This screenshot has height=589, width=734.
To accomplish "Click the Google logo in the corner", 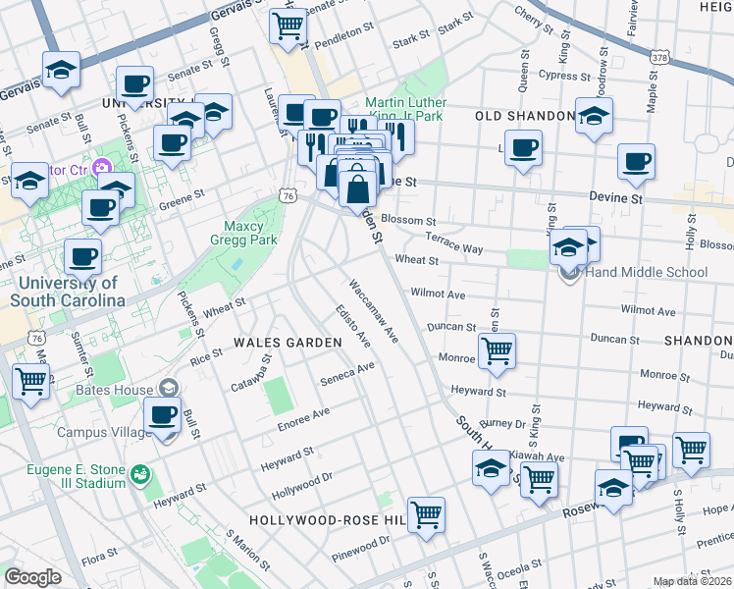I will click(x=31, y=577).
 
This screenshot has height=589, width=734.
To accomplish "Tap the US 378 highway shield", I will click(x=658, y=59).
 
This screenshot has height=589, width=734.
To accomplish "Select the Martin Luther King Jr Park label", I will click(x=405, y=109).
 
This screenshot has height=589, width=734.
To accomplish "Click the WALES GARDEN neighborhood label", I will click(x=287, y=343).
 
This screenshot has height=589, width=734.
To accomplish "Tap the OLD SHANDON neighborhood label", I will click(x=524, y=116).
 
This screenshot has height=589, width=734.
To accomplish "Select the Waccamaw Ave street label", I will click(x=374, y=310).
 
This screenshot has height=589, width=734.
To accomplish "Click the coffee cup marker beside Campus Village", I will click(x=163, y=415).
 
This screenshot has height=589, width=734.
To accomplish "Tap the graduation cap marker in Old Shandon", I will click(x=594, y=116).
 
